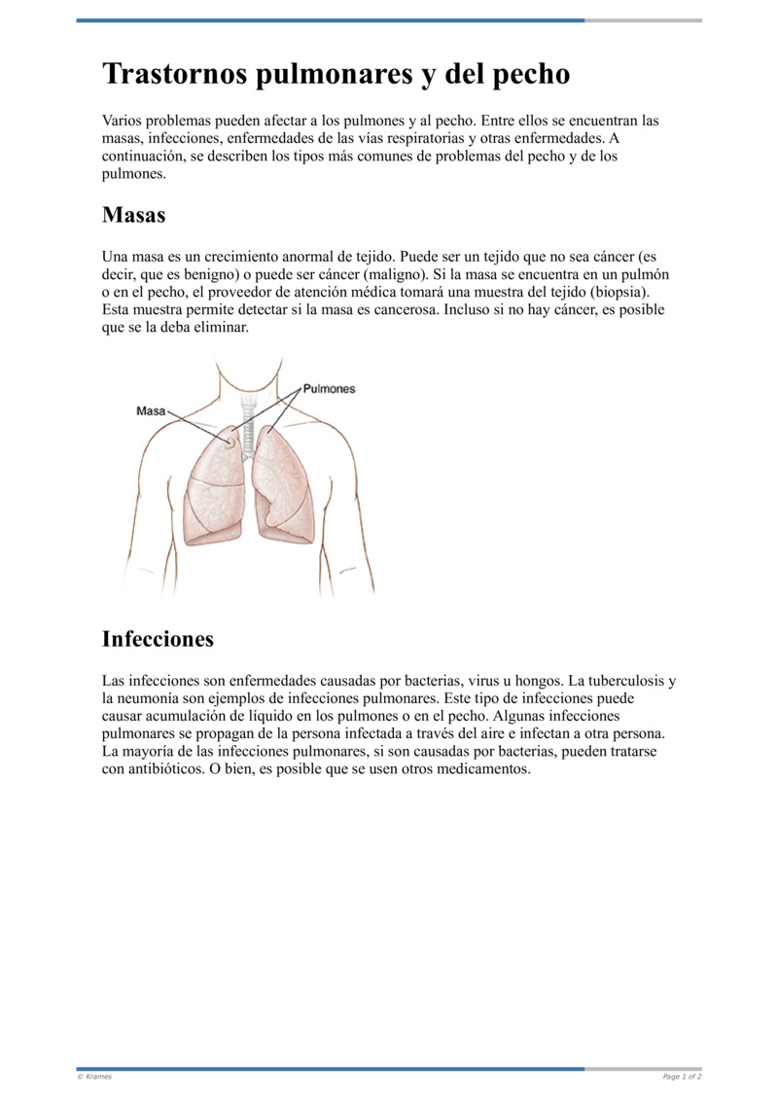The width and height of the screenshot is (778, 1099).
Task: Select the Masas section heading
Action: tap(133, 215)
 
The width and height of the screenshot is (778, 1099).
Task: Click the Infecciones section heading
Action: tap(158, 639)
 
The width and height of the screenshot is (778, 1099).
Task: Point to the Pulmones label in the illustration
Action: tap(329, 388)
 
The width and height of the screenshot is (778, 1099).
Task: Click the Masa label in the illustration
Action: tap(150, 411)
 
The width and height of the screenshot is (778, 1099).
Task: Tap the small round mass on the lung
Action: tap(230, 443)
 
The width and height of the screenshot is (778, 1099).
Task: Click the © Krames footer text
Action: tap(95, 1077)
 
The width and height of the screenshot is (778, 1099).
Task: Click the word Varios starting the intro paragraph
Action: tap(124, 123)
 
